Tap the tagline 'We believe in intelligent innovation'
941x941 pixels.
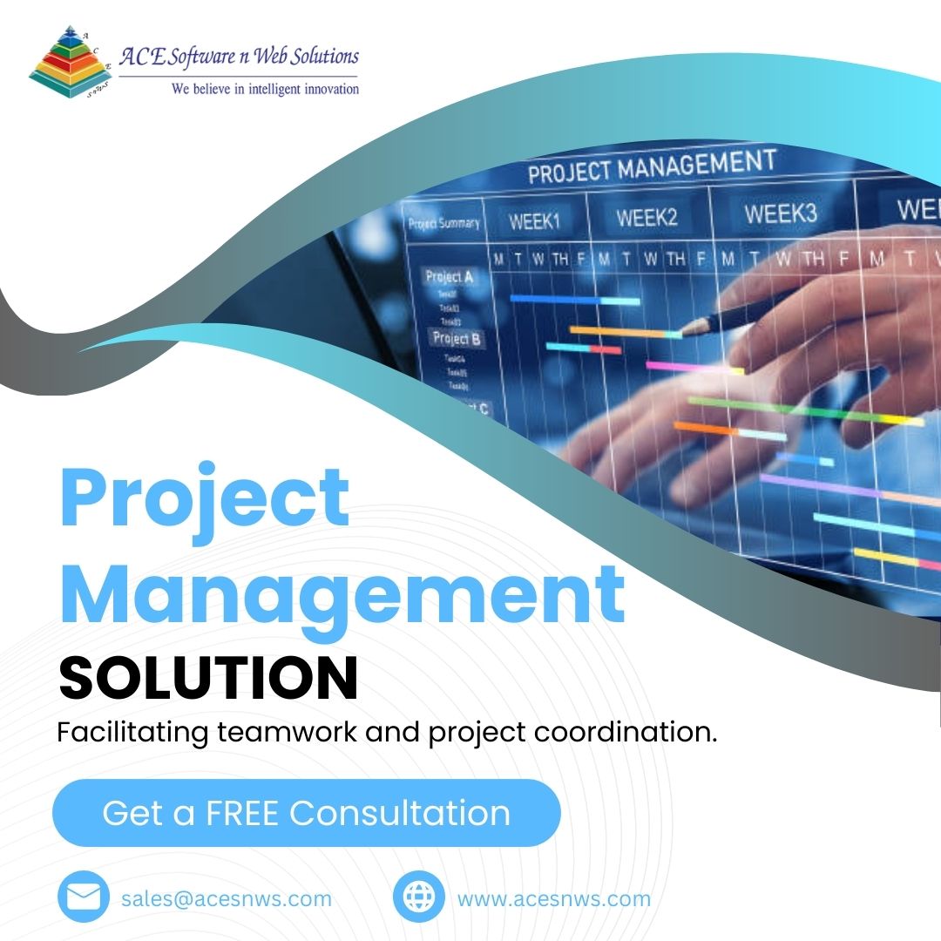265,88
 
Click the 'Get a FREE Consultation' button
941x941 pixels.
306,813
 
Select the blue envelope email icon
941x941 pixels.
84,898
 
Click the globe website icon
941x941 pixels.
419,898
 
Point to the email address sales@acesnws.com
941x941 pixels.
227,898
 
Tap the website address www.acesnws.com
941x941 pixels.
553,898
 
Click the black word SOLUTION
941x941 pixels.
208,679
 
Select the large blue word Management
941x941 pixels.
342,592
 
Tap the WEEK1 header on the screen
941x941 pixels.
533,221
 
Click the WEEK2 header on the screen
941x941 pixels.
647,217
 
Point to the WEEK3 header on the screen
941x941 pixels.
780,213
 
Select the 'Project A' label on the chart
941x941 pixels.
449,277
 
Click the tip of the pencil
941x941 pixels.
682,332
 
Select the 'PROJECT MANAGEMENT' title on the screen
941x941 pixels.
651,166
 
